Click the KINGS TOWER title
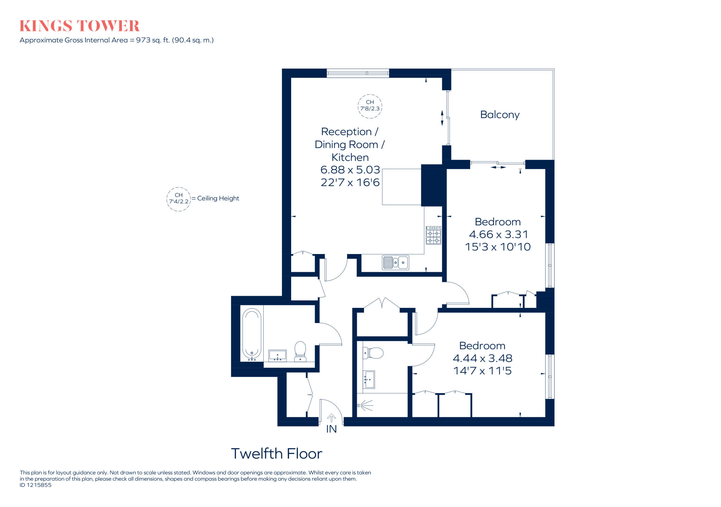point(79,26)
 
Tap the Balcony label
point(500,115)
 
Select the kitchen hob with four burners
point(433,235)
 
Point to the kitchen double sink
point(395,262)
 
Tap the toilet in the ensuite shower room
point(374,353)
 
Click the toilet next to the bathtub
point(300,350)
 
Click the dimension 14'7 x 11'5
point(482,371)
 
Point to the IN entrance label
point(331,429)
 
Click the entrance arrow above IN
point(331,418)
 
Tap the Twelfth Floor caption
point(276,454)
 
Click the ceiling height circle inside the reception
point(370,106)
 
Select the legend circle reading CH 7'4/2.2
point(178,199)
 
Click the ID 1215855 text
point(36,485)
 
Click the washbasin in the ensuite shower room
point(369,379)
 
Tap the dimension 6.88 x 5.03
point(350,170)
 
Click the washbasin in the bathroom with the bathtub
point(277,355)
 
